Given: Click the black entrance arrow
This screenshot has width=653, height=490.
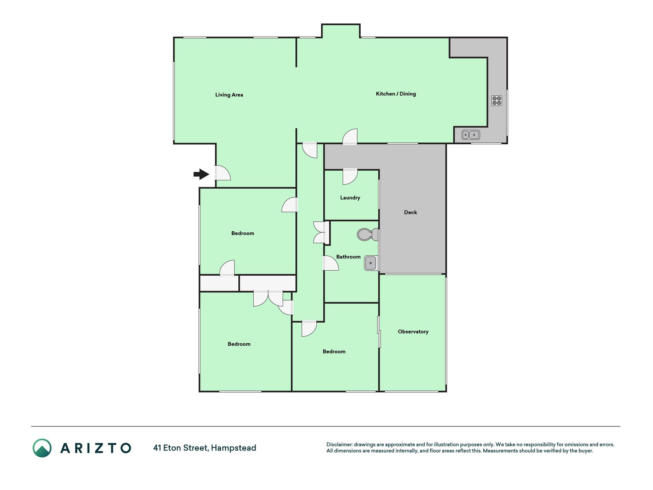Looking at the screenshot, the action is [201, 175].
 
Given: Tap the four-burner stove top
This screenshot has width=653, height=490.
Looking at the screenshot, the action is [497, 101].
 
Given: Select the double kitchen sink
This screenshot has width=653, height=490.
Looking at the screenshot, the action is [471, 135].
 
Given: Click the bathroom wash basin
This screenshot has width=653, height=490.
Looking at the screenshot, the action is [371, 263].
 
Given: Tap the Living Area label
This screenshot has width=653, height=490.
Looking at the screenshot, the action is [229, 95].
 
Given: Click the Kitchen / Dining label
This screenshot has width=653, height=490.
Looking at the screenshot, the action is [396, 94].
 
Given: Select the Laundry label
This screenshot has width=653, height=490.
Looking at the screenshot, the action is [350, 198].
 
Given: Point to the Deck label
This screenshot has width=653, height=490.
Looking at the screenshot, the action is [410, 212].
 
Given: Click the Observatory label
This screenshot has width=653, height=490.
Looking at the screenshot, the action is [413, 332].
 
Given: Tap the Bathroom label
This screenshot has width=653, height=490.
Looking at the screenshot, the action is [348, 257].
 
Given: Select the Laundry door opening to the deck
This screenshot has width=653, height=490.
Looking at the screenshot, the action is [350, 176].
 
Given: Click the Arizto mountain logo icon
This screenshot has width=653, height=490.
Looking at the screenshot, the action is [42, 448].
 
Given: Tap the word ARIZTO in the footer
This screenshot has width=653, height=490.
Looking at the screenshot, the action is [96, 448].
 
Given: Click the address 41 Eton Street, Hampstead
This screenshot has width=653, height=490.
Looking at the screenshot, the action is [205, 448].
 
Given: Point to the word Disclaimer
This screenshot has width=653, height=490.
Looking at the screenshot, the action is [339, 444].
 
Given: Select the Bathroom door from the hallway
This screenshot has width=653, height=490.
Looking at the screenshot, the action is [331, 263].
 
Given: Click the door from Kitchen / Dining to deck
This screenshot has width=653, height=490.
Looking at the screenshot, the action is [350, 137].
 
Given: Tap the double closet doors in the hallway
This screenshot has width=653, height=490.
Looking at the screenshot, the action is [321, 232].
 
